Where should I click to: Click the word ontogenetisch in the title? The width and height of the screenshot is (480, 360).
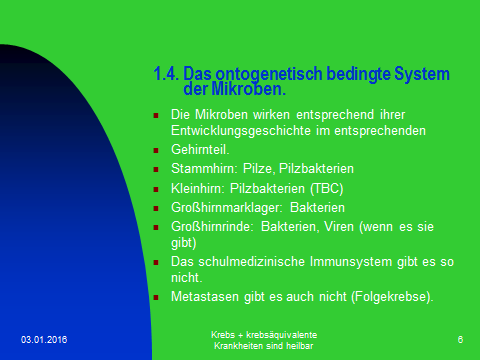263,73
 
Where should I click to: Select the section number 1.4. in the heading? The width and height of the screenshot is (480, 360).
167,73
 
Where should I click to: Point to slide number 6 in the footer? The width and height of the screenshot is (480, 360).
459,341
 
